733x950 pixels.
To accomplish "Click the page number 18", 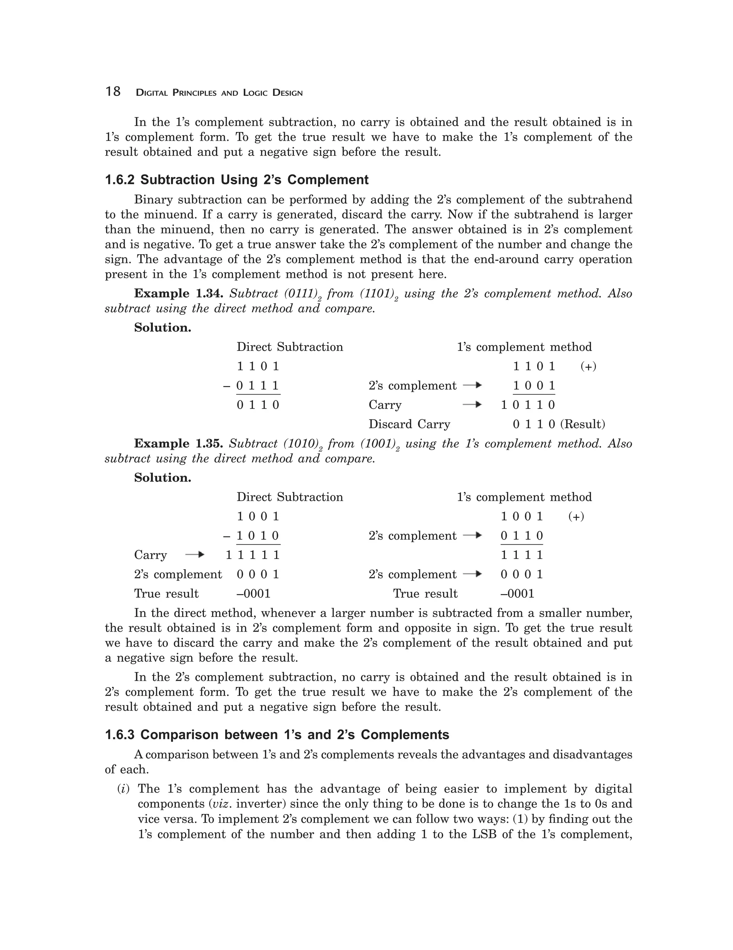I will [113, 92].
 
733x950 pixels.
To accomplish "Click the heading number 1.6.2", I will [120, 180].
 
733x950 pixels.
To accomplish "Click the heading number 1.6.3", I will [120, 735].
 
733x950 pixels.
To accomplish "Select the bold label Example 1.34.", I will [179, 294].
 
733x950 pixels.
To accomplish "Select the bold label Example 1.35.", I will [179, 444].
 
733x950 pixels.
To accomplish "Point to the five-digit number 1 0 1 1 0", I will [528, 405].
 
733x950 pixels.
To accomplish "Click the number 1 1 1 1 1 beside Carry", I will [253, 555].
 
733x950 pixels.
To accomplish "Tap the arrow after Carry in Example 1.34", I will [472, 405].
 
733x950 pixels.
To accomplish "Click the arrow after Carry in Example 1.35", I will [194, 555].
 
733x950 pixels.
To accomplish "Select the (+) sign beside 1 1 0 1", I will [588, 367].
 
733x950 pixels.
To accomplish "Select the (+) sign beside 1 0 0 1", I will [576, 517].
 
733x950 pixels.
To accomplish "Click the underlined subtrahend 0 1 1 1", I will [258, 386].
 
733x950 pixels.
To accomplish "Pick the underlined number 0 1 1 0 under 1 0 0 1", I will [522, 536].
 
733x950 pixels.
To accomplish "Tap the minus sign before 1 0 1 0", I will [227, 536].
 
